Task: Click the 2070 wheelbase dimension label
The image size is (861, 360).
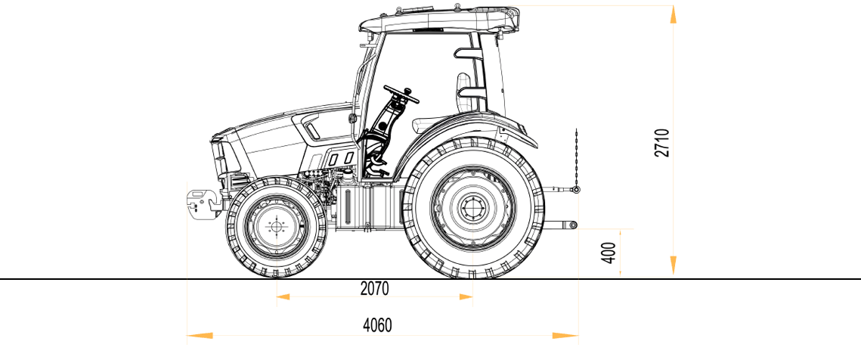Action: (x=374, y=289)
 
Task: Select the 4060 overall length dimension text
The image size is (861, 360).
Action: (x=378, y=325)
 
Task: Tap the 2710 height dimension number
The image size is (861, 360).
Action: (x=663, y=143)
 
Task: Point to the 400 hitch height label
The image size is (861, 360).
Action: (x=609, y=253)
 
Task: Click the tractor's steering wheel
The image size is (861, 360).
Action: (x=401, y=94)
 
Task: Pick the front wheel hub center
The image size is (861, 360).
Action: (x=276, y=226)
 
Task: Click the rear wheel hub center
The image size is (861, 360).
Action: (x=472, y=208)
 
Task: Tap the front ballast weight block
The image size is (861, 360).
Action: (x=203, y=204)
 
